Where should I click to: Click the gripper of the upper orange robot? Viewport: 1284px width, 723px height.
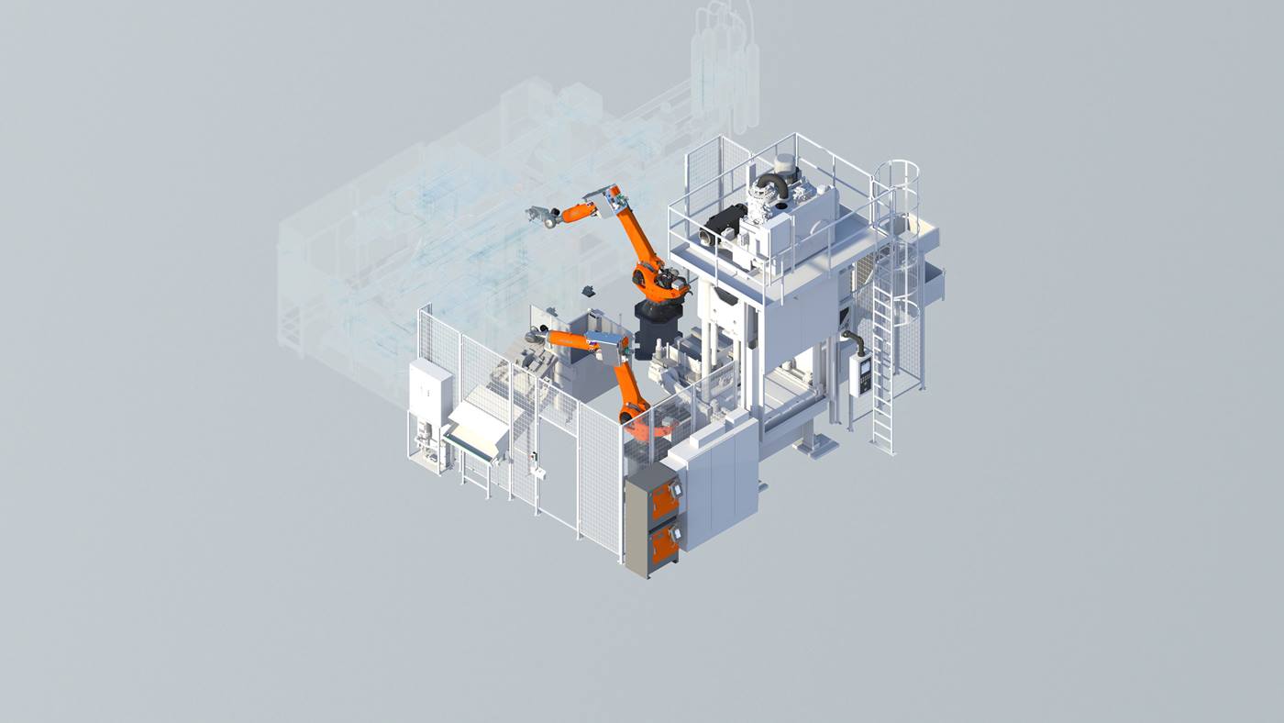[543, 217]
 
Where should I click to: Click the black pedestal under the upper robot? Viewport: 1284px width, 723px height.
[657, 329]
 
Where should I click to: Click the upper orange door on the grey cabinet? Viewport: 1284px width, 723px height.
[664, 499]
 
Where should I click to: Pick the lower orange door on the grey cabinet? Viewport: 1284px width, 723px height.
[663, 547]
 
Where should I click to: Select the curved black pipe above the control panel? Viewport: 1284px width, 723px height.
[857, 340]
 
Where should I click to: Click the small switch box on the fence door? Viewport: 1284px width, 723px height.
[539, 473]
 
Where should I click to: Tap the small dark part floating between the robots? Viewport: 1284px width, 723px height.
[587, 291]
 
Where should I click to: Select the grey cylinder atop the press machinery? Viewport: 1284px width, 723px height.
[785, 166]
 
